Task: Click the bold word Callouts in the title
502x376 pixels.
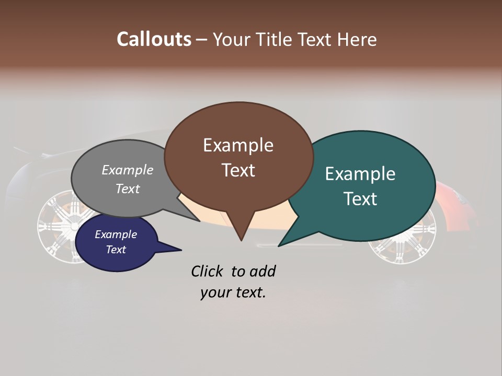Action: pos(154,39)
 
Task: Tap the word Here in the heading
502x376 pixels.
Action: pos(358,39)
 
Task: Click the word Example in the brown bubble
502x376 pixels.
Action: pos(238,145)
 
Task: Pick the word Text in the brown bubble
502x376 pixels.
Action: pos(238,170)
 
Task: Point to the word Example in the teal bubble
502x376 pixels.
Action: pos(360,174)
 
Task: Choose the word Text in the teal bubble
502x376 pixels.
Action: pos(360,199)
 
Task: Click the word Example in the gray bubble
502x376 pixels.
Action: pos(128,170)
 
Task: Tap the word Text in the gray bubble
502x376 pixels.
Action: pos(128,189)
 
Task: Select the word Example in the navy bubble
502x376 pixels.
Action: pos(116,234)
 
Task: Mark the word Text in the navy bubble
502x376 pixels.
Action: pos(116,250)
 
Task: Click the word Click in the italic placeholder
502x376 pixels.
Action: pos(208,271)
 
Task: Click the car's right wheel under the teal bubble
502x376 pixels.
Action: pos(403,248)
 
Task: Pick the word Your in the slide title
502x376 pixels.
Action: pos(232,39)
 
